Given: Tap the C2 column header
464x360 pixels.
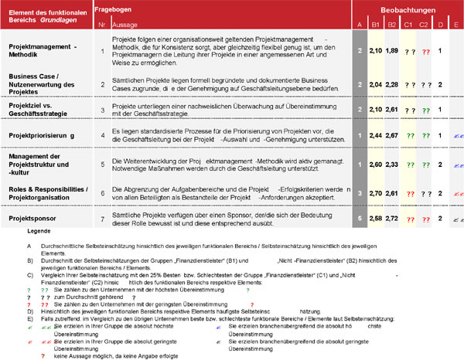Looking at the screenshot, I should pos(424,25).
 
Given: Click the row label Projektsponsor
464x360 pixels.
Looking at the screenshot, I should pos(34,219).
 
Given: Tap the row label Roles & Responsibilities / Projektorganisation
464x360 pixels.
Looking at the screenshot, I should pos(48,192).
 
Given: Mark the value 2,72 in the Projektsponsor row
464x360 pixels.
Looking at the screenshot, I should pos(392,219).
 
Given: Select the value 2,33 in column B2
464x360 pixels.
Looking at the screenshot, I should pos(392,165).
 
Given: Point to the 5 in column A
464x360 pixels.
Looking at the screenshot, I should pos(360,219).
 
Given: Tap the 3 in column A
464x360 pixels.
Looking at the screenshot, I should pos(360,192).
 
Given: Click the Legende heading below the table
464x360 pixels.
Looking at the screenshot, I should pos(38,232).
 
